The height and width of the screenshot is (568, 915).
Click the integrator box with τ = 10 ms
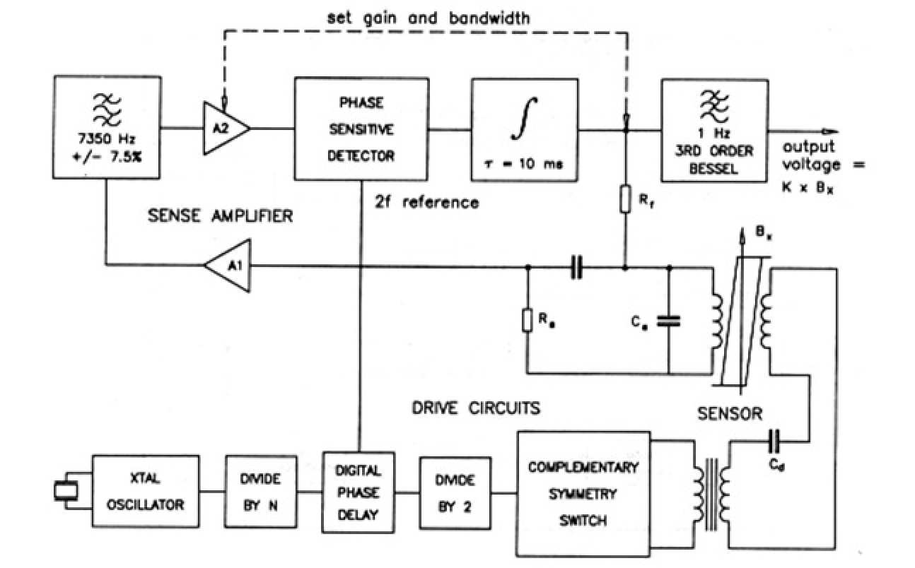pyautogui.click(x=524, y=129)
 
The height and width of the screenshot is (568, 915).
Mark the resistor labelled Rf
pyautogui.click(x=624, y=199)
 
